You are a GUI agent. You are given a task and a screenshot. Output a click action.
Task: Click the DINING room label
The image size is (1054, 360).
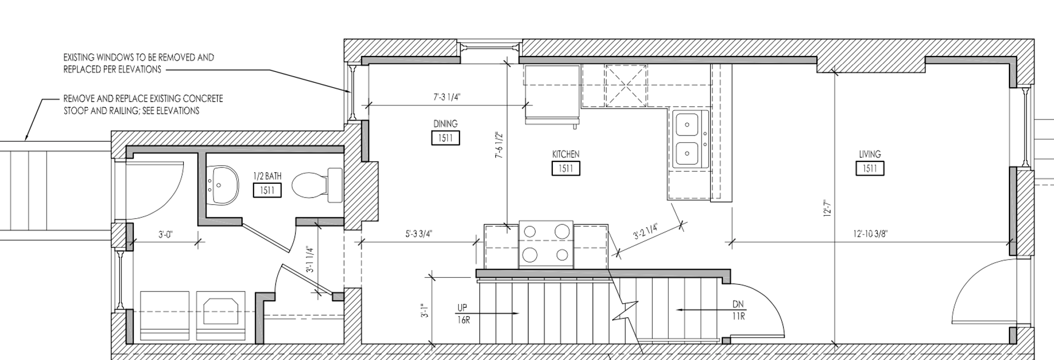click(x=445, y=124)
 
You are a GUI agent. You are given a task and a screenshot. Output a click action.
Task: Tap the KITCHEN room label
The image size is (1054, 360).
click(x=565, y=154)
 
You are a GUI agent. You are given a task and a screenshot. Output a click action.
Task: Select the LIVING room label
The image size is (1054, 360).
click(x=870, y=154)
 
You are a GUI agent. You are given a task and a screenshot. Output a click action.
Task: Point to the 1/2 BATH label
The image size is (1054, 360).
click(x=267, y=176)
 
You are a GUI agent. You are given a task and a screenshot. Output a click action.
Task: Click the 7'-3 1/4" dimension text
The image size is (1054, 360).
click(x=447, y=97)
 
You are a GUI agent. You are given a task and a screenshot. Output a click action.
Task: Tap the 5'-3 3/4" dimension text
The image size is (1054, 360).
click(x=419, y=234)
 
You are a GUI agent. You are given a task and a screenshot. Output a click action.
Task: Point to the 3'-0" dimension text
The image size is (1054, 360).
click(x=165, y=234)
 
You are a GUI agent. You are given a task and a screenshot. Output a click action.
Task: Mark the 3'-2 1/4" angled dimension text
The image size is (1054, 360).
click(x=646, y=232)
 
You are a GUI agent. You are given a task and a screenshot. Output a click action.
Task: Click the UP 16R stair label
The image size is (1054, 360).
click(x=463, y=313)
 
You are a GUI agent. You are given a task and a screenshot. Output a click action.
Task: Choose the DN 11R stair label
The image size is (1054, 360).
click(x=738, y=310)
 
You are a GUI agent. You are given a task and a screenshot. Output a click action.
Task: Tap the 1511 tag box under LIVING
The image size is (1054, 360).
click(x=870, y=168)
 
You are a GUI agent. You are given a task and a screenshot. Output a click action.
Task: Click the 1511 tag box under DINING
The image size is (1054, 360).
click(x=445, y=138)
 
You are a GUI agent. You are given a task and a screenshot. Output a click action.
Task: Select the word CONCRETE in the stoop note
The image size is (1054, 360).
click(x=203, y=99)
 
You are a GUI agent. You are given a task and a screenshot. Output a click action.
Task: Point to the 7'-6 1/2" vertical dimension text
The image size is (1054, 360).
click(x=498, y=145)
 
